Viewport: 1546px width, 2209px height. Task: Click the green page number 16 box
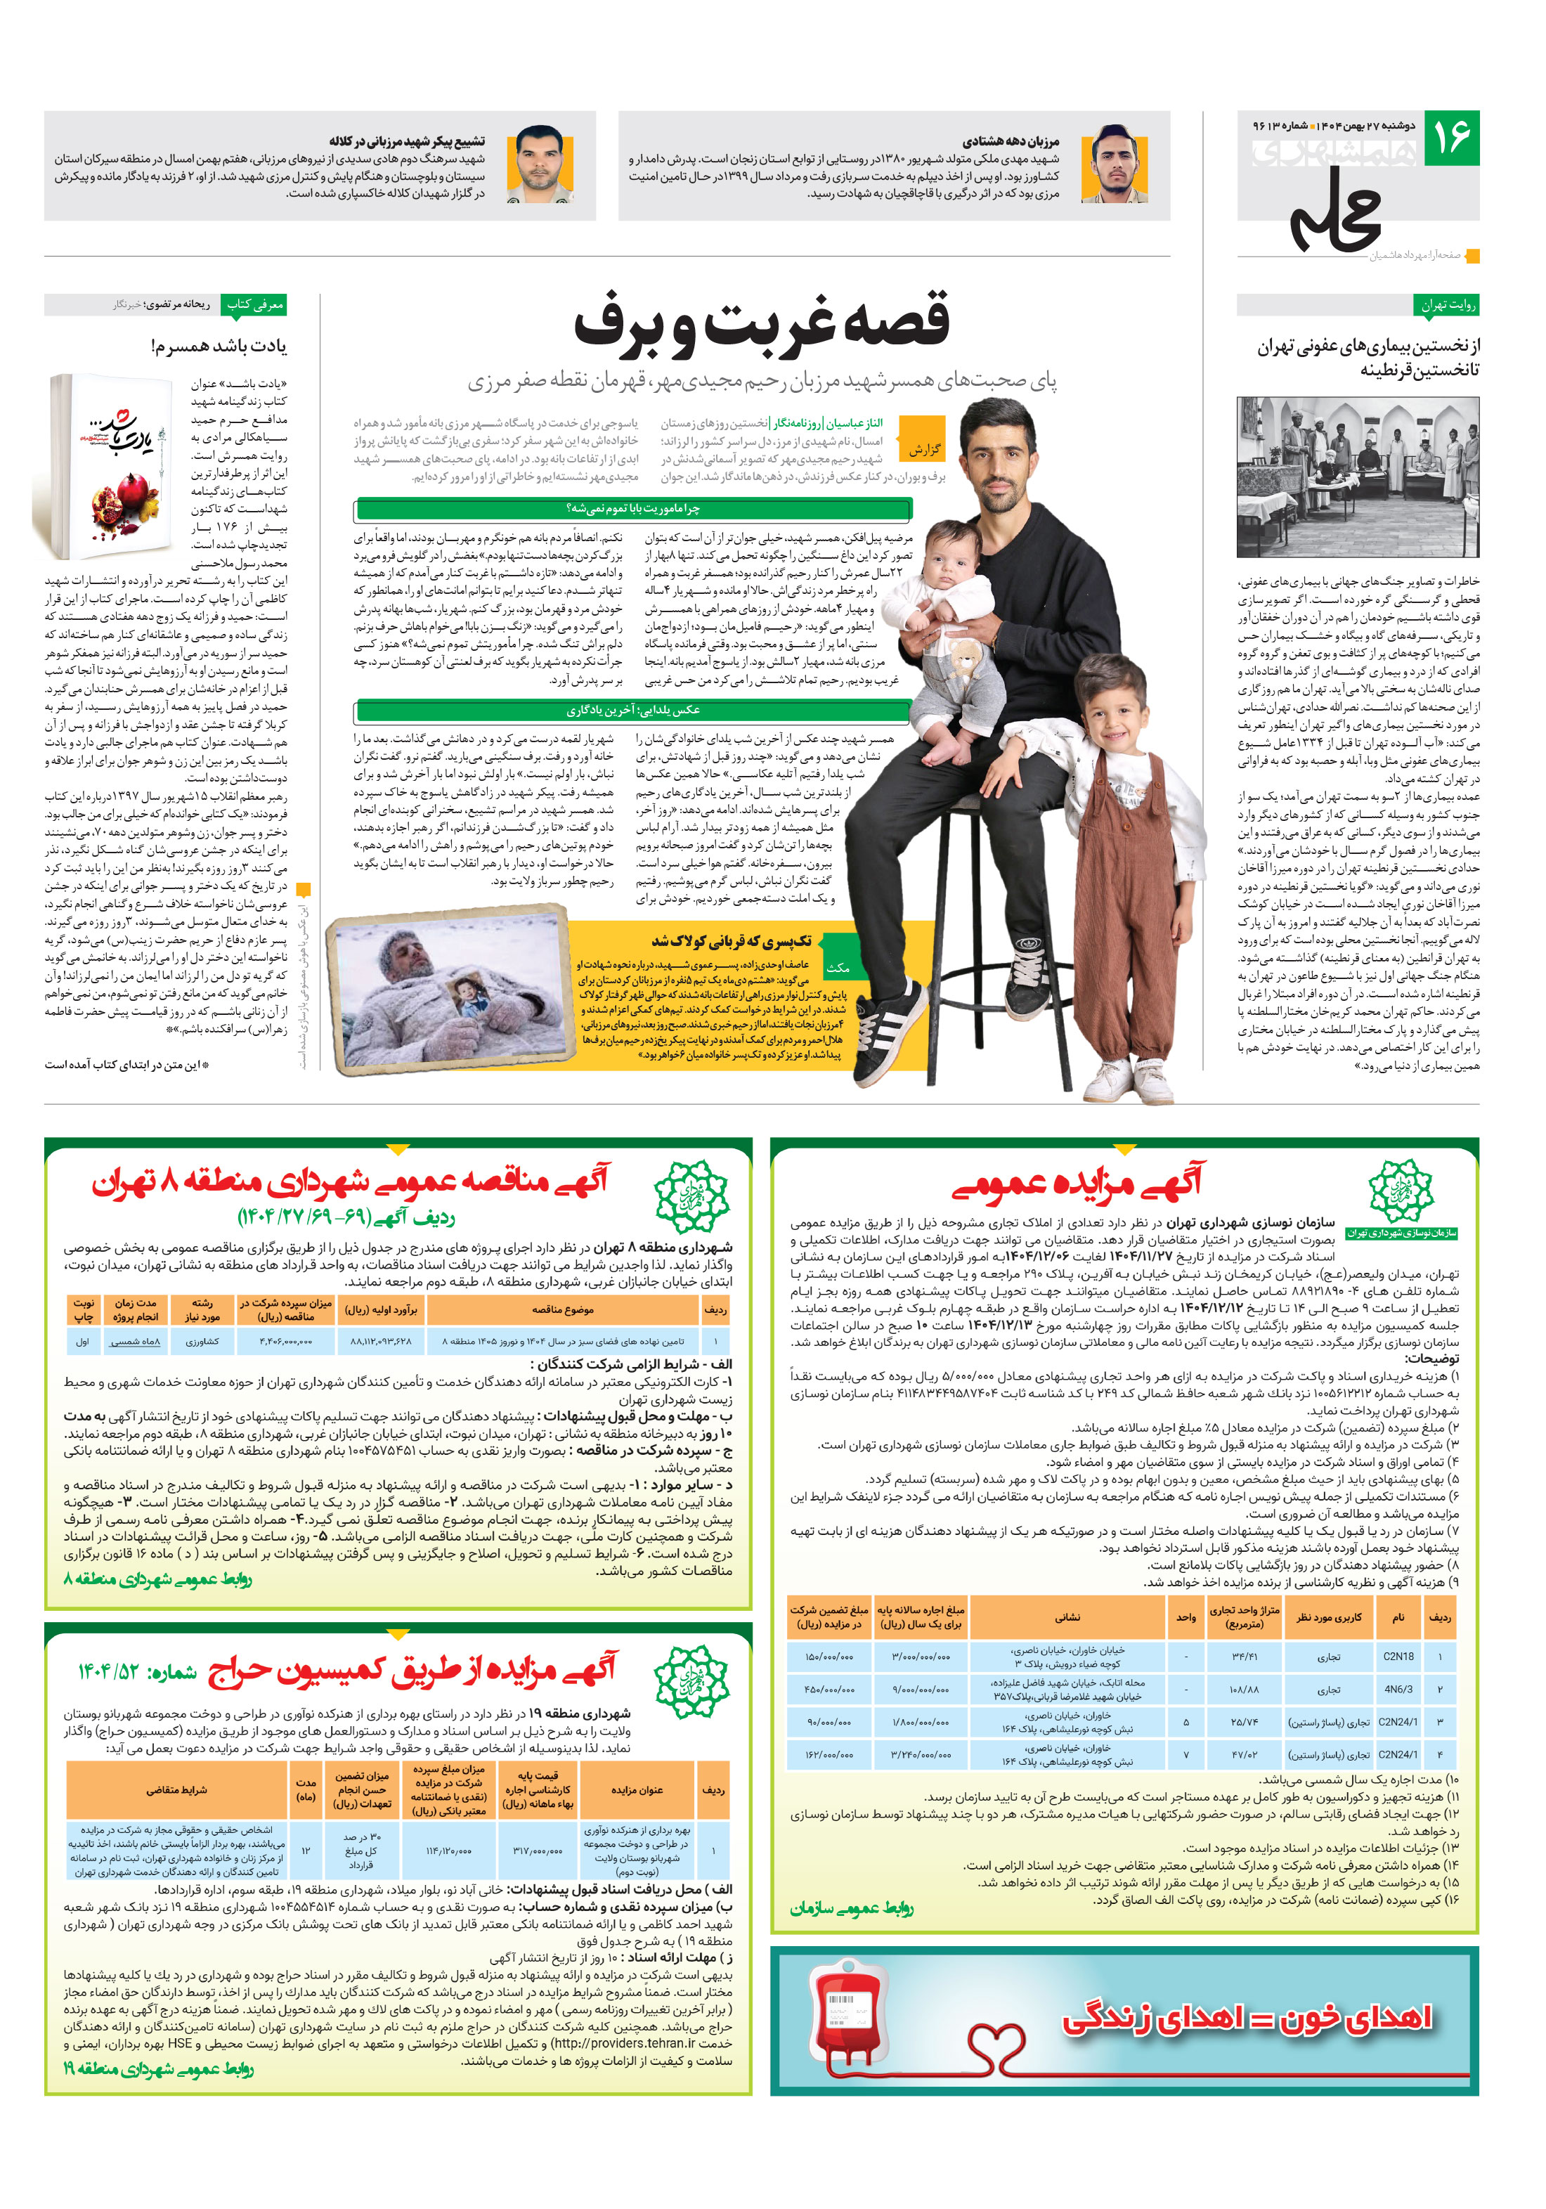click(1450, 138)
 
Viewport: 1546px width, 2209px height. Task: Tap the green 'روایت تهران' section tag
click(1448, 305)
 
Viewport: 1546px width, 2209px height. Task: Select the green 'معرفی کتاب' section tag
click(254, 305)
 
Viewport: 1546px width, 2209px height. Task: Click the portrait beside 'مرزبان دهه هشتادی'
click(1113, 164)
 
